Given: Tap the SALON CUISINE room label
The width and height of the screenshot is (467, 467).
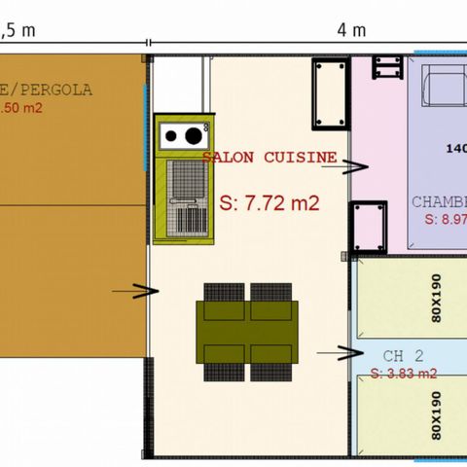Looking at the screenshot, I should pos(270,157).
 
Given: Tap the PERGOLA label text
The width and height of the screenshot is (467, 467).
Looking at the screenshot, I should pos(59,90).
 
